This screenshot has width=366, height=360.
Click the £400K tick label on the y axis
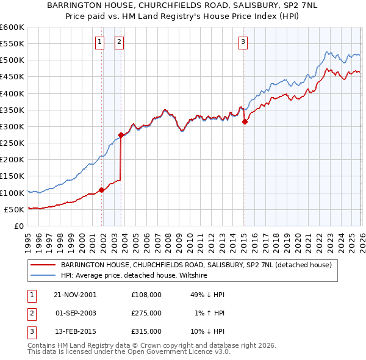coord(12,93)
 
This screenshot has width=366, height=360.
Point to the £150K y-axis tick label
coord(12,176)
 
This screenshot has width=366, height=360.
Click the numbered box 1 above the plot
coord(99,42)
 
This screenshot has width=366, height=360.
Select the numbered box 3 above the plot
coord(243,42)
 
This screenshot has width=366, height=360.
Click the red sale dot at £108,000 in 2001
coord(102,190)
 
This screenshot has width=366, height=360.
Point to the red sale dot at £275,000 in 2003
coord(121,135)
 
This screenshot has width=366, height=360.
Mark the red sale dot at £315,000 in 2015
coord(245,121)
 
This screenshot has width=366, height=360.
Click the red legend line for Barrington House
coord(43,265)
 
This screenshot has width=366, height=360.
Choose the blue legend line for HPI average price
coord(43,276)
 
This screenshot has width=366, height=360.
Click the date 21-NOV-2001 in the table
coord(75,294)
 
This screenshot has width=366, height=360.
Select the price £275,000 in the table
coord(146,313)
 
